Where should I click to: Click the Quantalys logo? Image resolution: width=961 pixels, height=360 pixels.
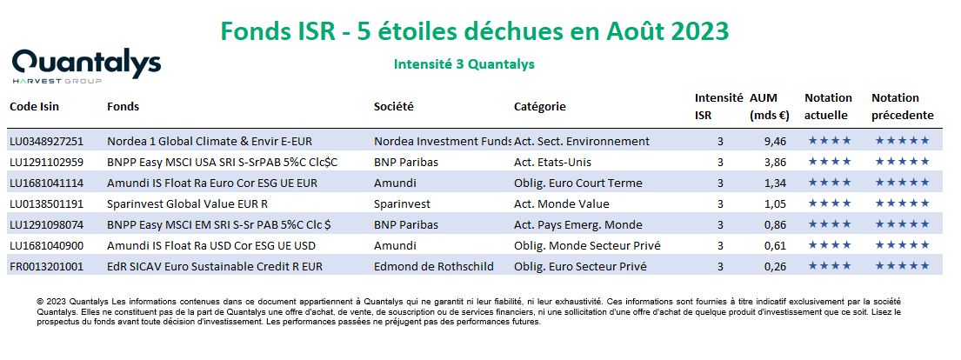[x=86, y=65]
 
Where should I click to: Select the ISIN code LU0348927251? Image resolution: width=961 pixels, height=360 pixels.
[x=47, y=142]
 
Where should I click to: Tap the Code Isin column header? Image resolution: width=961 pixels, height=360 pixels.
[x=34, y=107]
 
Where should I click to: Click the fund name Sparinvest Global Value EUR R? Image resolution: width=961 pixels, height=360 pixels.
[x=188, y=204]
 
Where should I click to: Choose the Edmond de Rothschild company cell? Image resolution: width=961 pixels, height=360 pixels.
[x=434, y=267]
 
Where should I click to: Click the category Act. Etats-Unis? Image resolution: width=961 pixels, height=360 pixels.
[x=553, y=163]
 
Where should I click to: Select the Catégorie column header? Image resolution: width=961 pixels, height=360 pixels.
[x=540, y=107]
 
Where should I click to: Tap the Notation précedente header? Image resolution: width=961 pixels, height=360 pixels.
[x=903, y=107]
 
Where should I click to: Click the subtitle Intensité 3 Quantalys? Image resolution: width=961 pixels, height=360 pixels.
[x=464, y=64]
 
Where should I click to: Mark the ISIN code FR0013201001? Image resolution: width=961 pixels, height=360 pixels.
[x=46, y=267]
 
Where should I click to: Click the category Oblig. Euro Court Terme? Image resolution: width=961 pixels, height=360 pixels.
[x=578, y=183]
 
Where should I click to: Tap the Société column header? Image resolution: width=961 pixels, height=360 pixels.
[x=394, y=107]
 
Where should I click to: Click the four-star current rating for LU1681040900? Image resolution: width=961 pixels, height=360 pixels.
[x=829, y=245]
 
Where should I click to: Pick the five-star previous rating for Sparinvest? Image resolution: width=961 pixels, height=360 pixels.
[x=902, y=203]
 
